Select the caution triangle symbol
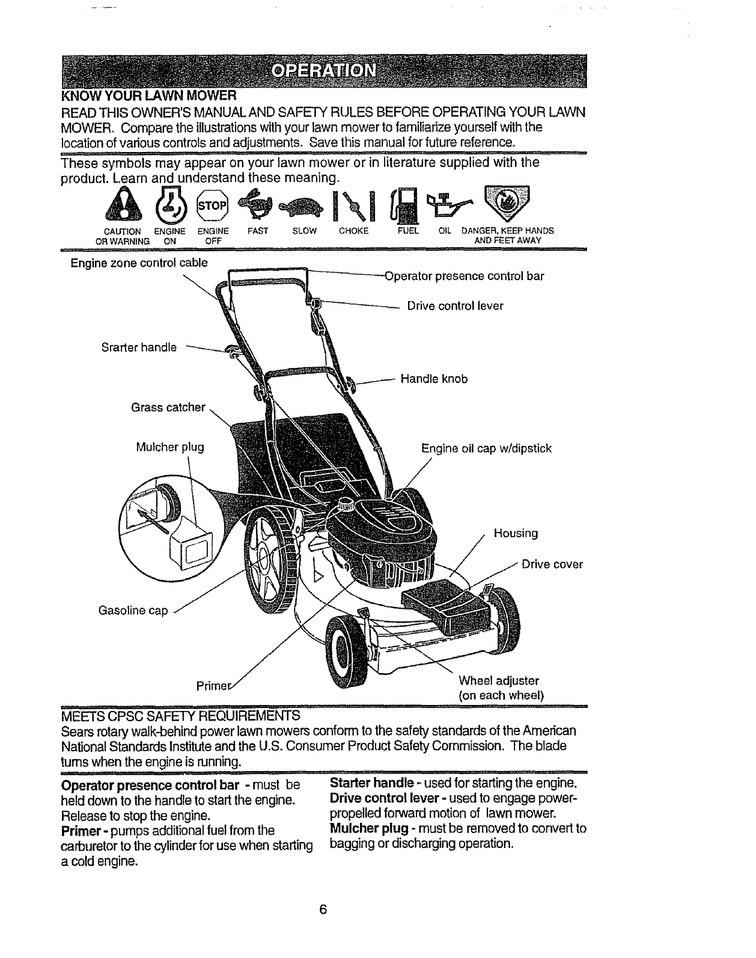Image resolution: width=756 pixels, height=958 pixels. click(x=123, y=204)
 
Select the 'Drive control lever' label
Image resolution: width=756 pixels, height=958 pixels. click(x=455, y=306)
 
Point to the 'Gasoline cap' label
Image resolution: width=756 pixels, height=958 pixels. click(x=133, y=611)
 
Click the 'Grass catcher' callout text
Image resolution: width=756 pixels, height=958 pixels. click(x=168, y=407)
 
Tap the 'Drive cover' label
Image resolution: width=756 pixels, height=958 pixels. click(x=552, y=564)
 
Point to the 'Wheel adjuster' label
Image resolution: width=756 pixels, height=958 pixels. click(x=498, y=681)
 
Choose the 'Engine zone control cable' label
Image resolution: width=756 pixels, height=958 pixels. click(x=139, y=263)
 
